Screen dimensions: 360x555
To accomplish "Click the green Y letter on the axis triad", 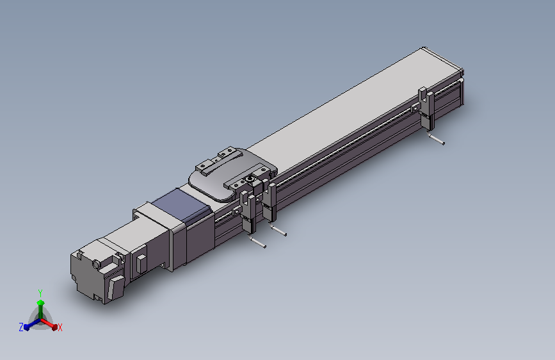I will [40, 293].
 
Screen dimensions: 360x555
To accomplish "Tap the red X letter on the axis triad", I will [60, 328].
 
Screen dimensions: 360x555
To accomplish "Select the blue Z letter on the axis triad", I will [21, 327].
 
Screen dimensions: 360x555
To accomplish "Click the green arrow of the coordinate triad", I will [40, 305].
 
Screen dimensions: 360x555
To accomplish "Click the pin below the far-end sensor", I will [437, 140].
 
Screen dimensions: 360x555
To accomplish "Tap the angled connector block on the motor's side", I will [115, 286].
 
